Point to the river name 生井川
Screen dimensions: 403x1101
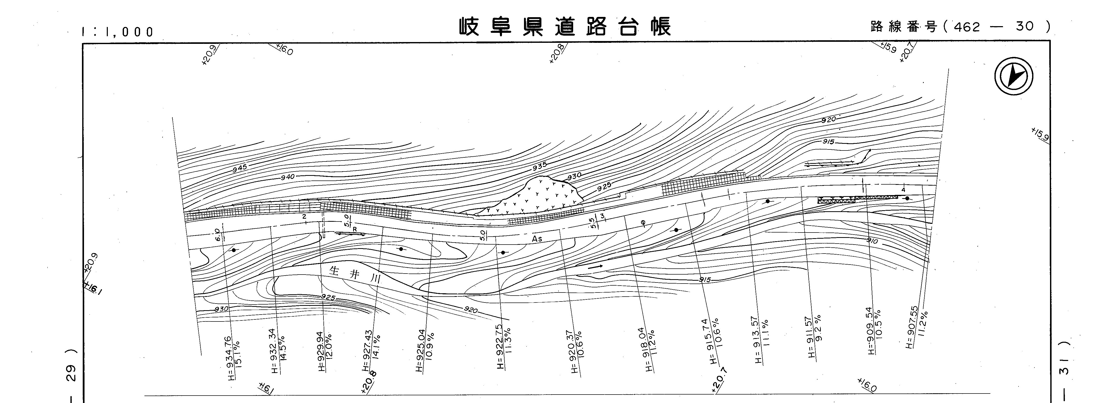point(355,274)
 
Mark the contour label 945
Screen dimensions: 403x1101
point(240,168)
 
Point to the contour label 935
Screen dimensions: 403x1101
point(539,166)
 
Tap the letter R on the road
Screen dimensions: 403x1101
point(355,229)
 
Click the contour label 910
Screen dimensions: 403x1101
point(872,241)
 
